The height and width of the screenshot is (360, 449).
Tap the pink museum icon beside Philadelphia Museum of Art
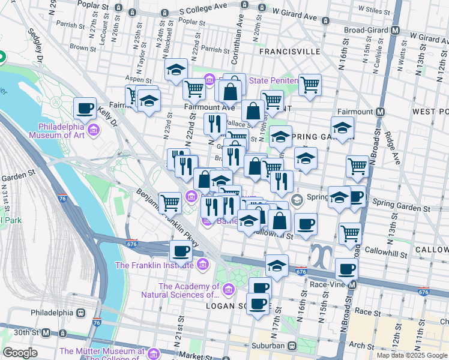94,130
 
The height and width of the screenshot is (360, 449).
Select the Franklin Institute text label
154,265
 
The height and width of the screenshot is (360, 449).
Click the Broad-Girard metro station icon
396,30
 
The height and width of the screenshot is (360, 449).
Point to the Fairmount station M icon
381,112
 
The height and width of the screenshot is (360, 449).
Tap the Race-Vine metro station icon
353,284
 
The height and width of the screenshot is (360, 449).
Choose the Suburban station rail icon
291,346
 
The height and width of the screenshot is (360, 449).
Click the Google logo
20,353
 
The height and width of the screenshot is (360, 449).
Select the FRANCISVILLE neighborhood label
290,52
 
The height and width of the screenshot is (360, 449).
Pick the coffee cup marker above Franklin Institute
181,251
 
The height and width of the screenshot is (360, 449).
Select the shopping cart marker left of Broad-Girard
310,85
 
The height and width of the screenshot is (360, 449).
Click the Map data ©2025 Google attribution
412,355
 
